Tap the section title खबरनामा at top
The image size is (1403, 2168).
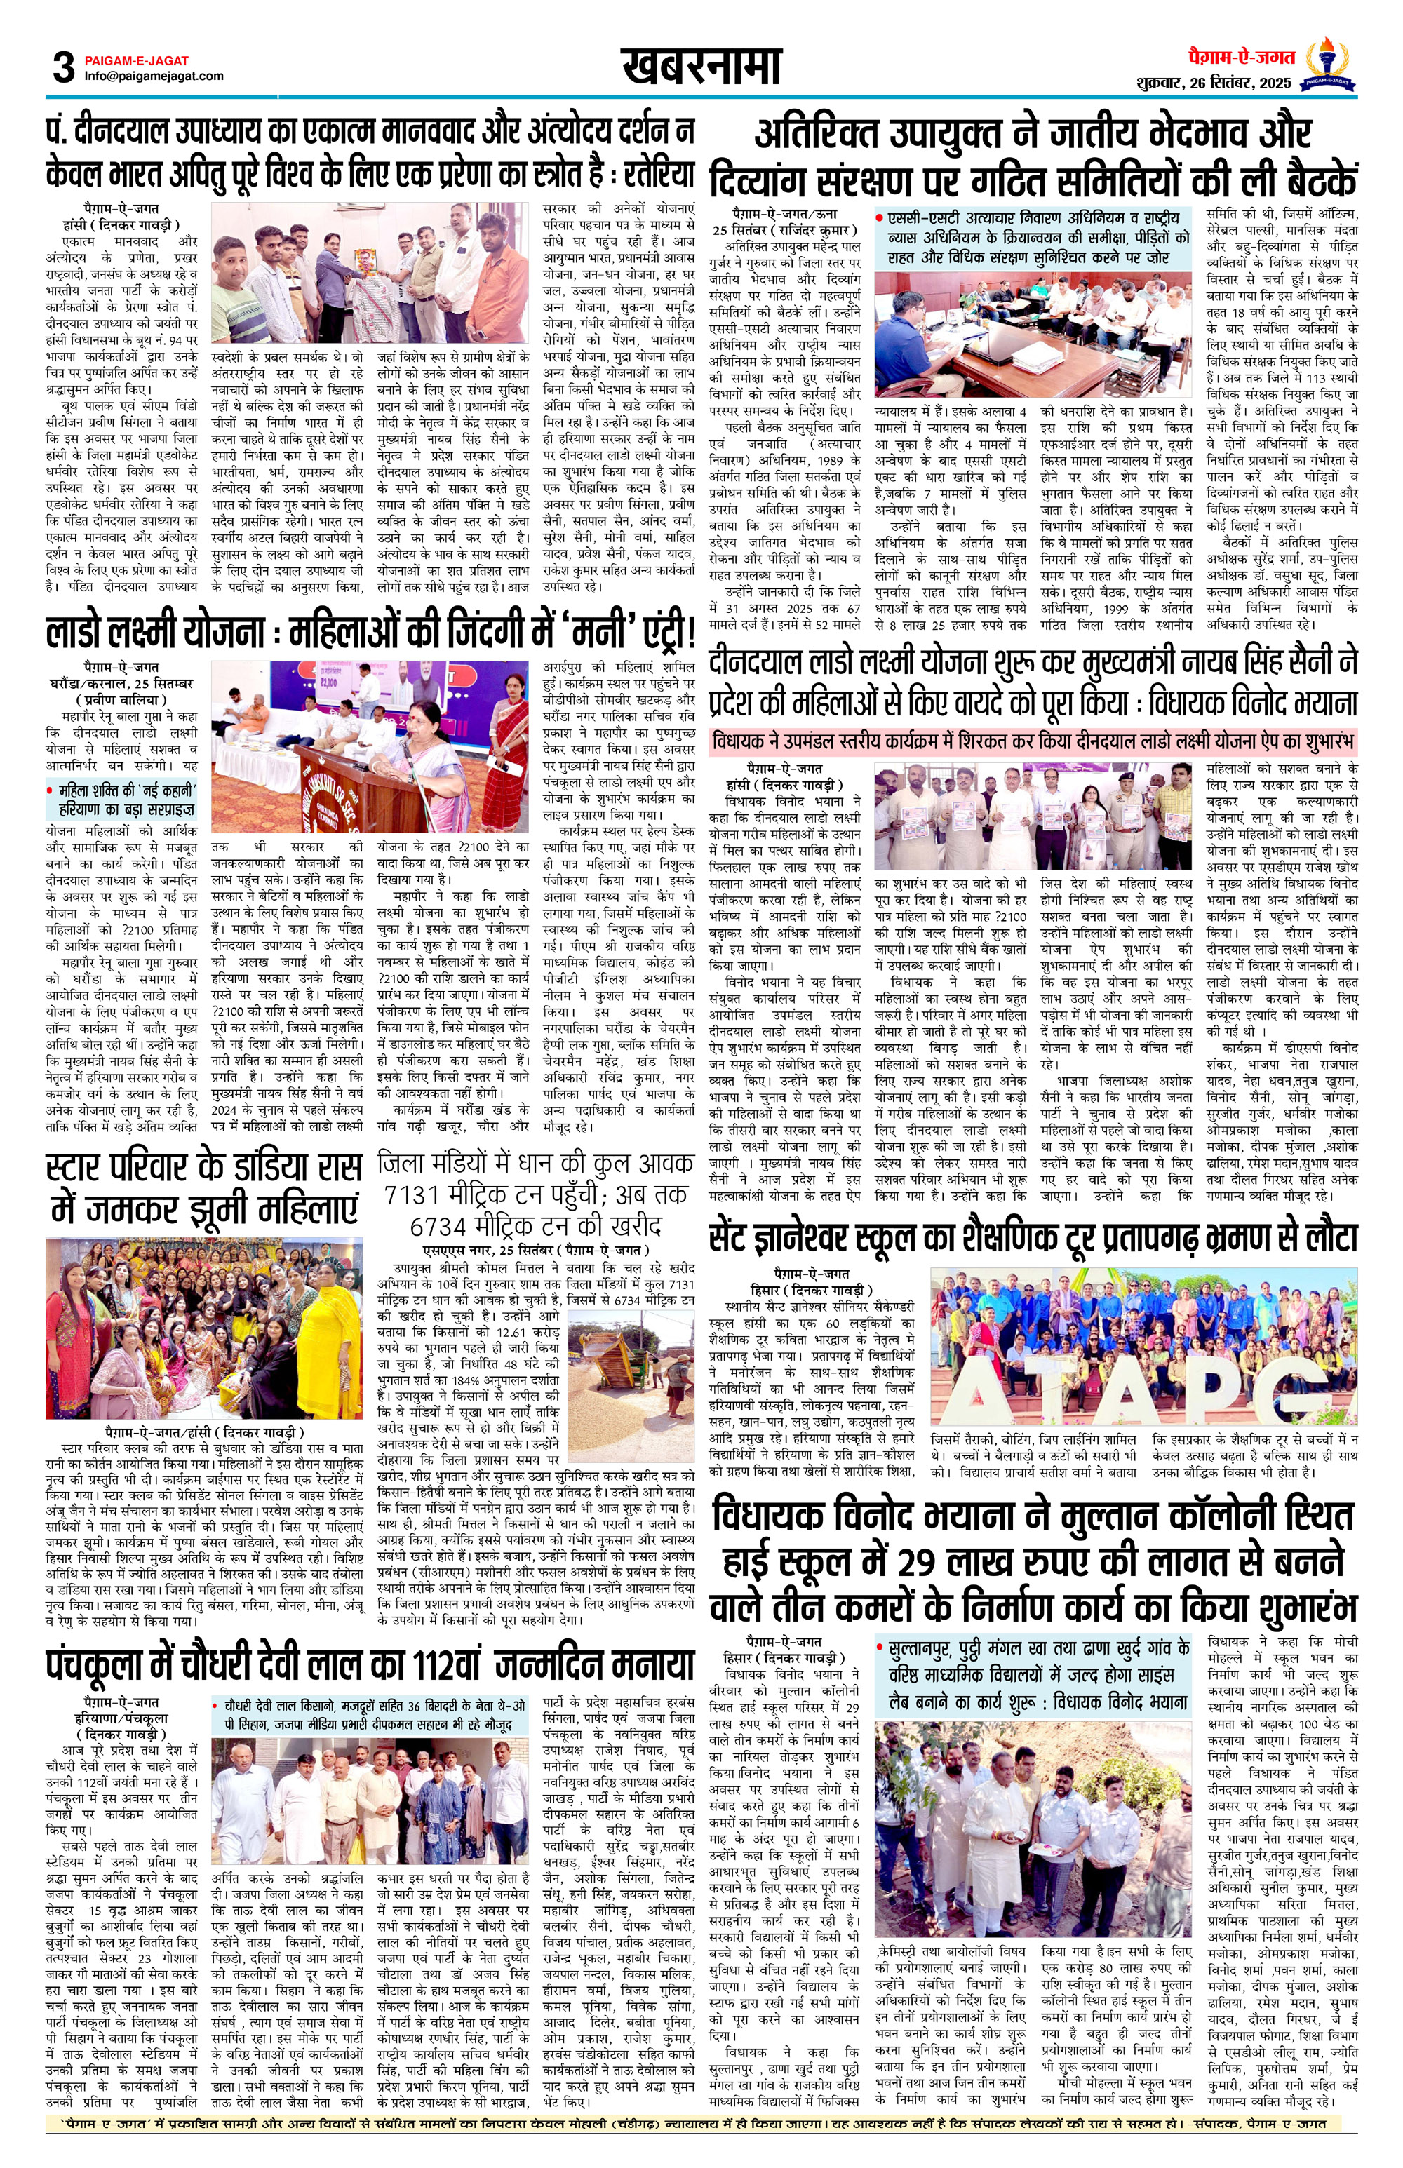pos(701,67)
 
